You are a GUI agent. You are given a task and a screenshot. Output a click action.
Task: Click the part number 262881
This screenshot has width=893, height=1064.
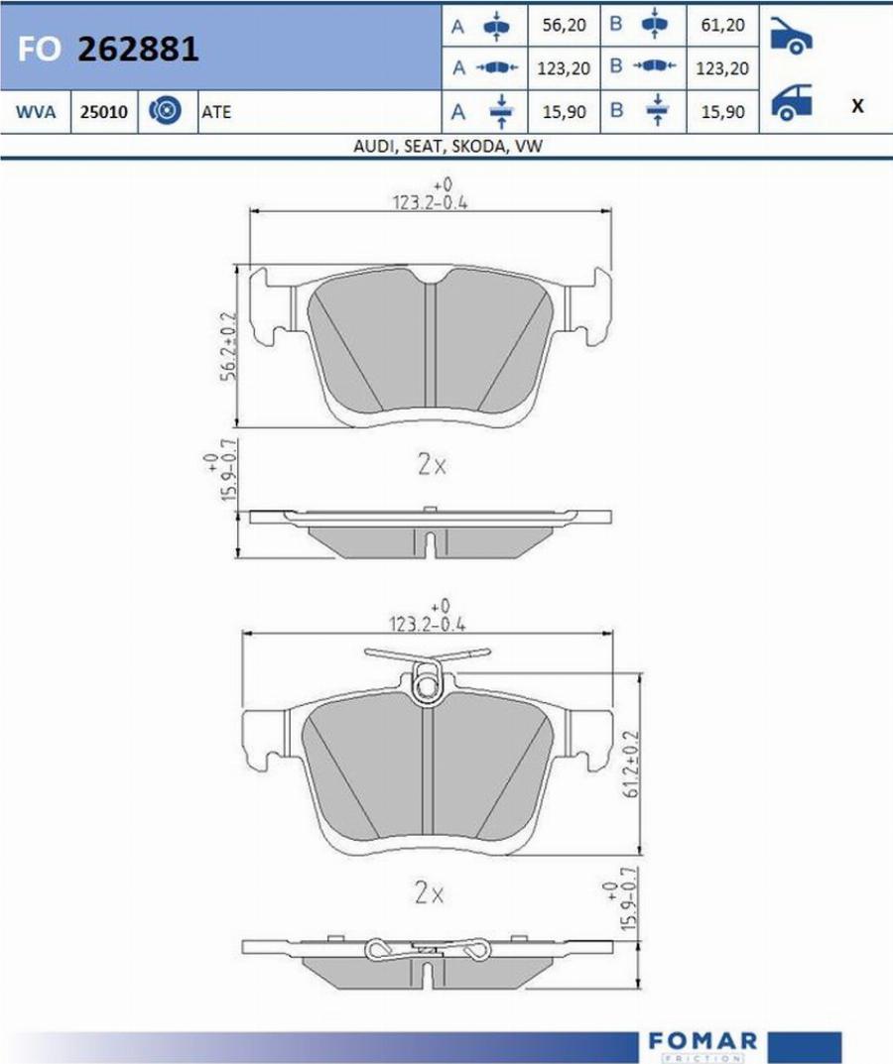(x=138, y=50)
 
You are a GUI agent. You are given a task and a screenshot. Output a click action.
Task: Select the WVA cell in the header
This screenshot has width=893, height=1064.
(x=36, y=112)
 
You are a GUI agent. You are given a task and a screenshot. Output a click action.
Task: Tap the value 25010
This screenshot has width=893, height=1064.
(x=104, y=112)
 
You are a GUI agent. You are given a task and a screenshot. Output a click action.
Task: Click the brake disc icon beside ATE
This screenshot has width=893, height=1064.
(x=165, y=111)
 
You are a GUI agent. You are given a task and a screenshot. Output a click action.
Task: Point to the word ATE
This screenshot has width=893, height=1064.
(x=216, y=112)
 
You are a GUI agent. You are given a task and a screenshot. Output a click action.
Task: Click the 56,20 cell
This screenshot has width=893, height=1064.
(x=564, y=25)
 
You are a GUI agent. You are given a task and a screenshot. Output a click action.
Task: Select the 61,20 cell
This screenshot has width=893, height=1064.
(x=722, y=25)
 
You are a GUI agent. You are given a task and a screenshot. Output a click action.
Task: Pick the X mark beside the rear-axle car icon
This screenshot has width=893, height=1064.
(x=857, y=106)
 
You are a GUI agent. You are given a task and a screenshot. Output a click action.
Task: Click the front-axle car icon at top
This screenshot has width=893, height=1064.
(x=791, y=35)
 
